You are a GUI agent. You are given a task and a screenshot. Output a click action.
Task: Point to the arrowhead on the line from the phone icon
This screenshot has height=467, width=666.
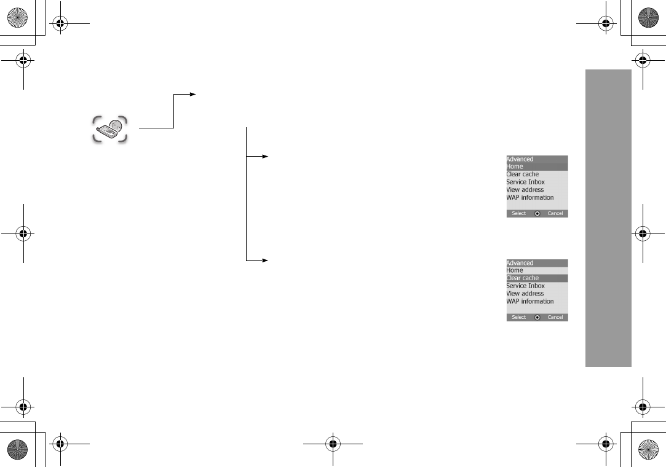tap(192, 95)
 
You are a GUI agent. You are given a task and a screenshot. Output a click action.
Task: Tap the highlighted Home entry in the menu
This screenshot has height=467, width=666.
tap(515, 167)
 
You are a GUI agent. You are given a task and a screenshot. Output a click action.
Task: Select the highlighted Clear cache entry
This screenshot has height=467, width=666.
tap(523, 278)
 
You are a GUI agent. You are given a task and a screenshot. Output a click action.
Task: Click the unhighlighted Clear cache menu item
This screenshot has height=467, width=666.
tap(523, 175)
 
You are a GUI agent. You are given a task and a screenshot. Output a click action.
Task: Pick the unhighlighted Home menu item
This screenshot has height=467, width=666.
tap(515, 270)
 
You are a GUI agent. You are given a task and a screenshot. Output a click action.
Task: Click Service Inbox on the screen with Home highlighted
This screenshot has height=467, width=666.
tap(526, 182)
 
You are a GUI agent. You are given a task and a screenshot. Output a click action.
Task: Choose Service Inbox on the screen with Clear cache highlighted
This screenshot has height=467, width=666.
tap(526, 286)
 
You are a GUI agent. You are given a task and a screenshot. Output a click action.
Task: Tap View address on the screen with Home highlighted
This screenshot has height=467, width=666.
tap(525, 190)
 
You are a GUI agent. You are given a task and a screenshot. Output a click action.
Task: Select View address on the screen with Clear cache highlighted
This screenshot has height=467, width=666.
tap(525, 294)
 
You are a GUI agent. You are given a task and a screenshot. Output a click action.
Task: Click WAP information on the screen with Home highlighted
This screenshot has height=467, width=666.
tap(530, 198)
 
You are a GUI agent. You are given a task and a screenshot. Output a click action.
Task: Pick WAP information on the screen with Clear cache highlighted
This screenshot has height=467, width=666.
tap(530, 302)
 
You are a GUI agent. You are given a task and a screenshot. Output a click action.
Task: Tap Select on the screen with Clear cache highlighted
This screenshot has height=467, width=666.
tap(519, 318)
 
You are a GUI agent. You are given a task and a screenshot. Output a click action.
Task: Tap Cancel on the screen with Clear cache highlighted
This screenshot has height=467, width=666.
tap(555, 318)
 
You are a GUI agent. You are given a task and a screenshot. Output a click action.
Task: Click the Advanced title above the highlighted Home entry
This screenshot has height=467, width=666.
tap(520, 159)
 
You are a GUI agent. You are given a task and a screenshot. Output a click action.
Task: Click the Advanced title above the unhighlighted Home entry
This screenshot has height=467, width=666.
tap(520, 263)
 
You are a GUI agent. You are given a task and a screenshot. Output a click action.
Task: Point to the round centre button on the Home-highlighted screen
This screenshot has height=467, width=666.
tap(537, 214)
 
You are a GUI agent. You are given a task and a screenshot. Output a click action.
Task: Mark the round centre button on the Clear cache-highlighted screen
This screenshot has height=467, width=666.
tap(537, 318)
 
